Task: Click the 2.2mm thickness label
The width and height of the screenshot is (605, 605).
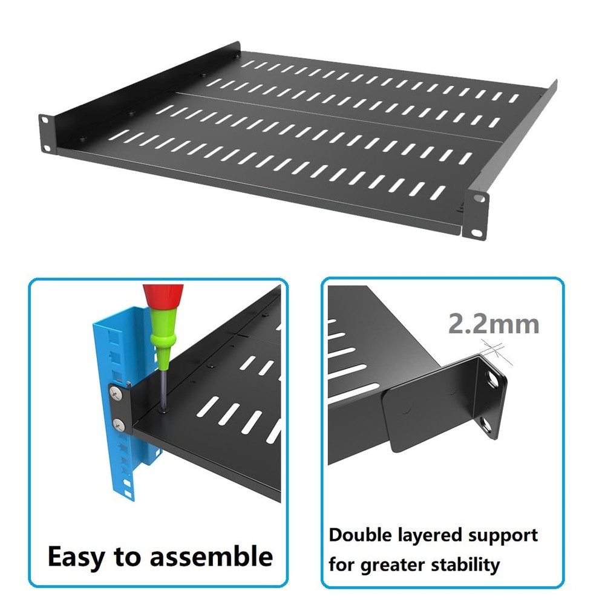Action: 493,324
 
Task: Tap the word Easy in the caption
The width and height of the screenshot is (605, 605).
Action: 77,555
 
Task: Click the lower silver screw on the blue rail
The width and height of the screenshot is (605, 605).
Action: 119,423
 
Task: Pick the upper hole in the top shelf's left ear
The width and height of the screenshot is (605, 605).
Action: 45,120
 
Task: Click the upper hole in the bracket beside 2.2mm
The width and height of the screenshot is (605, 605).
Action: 495,381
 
